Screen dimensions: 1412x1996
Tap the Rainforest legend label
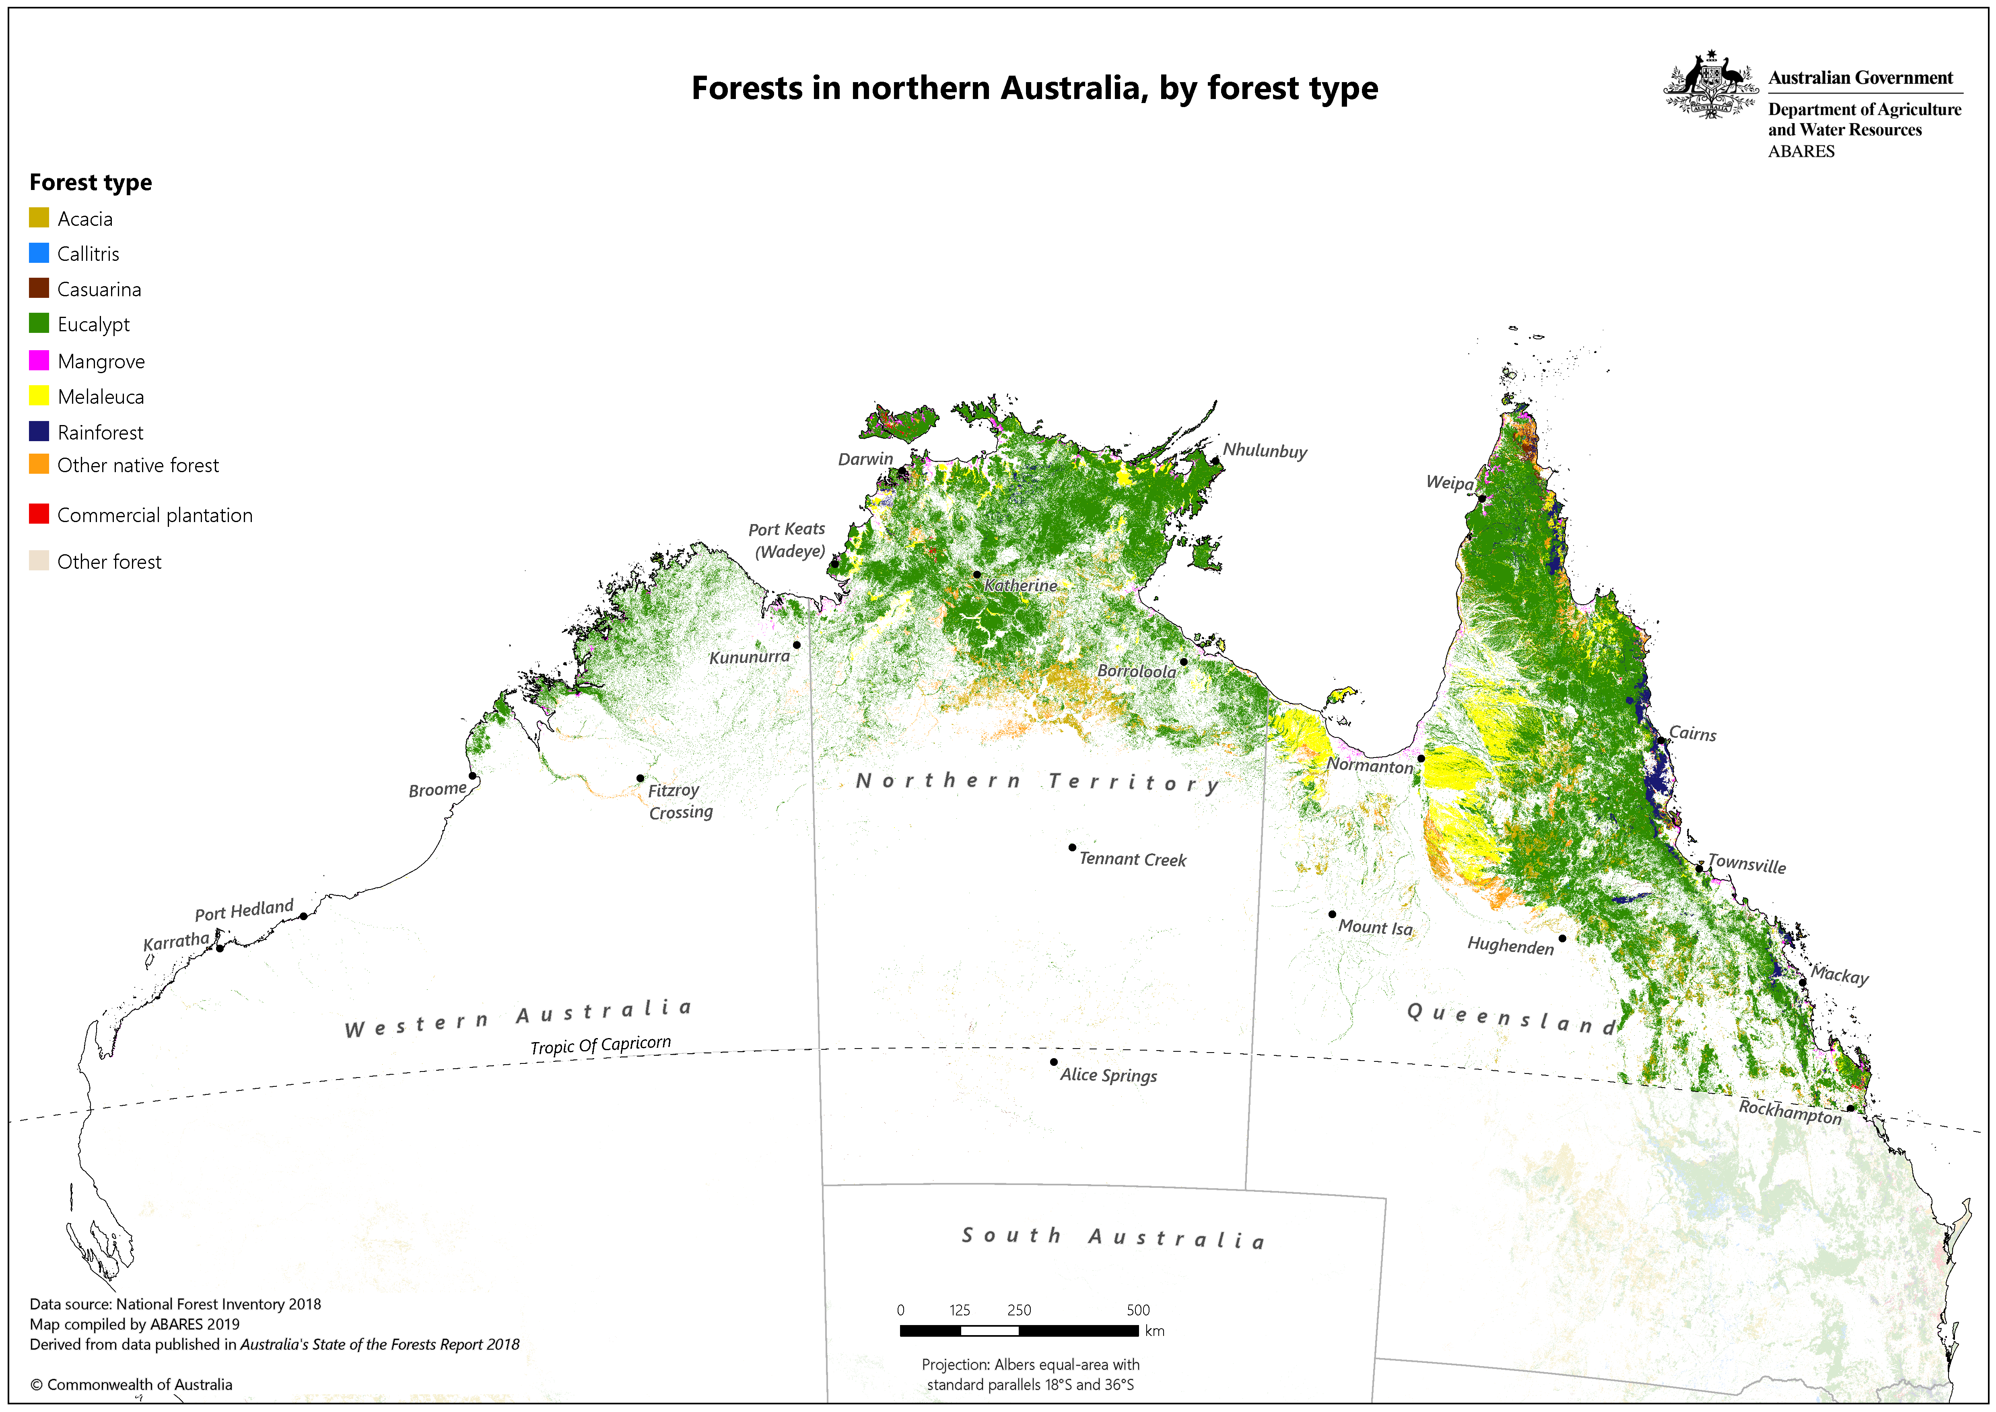(x=100, y=432)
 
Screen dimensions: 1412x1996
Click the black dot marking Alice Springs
(x=1054, y=1061)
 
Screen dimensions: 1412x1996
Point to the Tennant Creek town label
(x=1132, y=859)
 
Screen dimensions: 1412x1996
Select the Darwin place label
(x=865, y=459)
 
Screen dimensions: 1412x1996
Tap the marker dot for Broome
(x=472, y=776)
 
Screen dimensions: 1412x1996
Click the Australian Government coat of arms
(x=1710, y=85)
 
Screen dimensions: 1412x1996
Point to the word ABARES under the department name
(x=1801, y=151)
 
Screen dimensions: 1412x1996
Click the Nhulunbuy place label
(x=1265, y=450)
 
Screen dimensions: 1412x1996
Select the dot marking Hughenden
(x=1562, y=938)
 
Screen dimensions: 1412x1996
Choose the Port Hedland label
(x=244, y=909)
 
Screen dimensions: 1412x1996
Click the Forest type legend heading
(x=91, y=183)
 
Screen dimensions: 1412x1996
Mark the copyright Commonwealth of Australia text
(x=131, y=1384)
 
